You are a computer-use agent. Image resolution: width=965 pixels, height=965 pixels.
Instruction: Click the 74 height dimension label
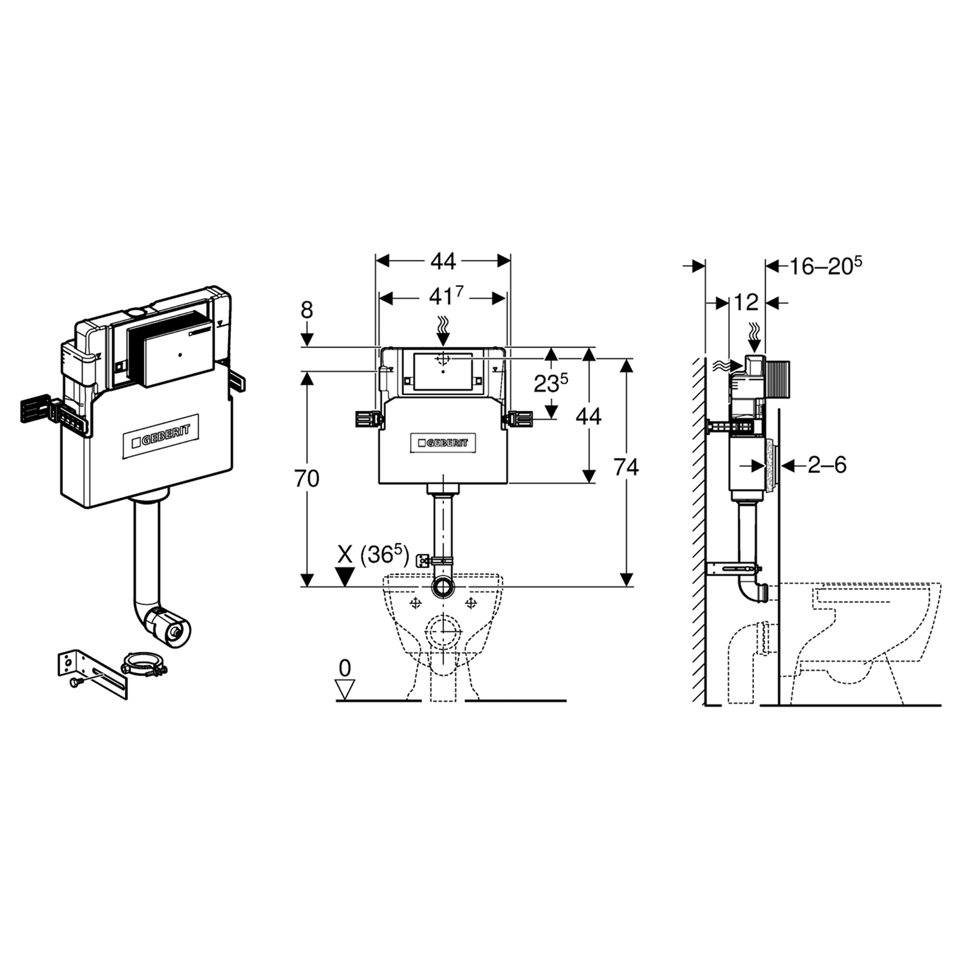tap(625, 467)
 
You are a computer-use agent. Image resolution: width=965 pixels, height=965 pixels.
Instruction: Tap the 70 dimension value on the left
tap(308, 479)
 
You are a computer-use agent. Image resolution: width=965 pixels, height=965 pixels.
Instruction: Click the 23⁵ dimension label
tap(551, 383)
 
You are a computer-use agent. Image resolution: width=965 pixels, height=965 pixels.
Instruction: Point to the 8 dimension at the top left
tap(307, 310)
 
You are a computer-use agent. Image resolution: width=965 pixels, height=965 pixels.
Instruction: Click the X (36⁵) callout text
tap(373, 555)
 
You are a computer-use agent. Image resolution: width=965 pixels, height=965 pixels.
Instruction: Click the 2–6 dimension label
tap(827, 464)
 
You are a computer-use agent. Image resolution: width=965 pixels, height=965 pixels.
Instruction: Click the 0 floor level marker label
tap(345, 668)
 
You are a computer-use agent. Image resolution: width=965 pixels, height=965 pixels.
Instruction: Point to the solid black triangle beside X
tap(346, 576)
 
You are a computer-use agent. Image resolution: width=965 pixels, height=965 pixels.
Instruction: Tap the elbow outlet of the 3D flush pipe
tap(168, 624)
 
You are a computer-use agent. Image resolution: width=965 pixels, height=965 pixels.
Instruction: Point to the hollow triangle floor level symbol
tap(346, 691)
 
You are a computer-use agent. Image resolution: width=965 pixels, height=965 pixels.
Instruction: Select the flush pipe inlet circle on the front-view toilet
tap(443, 586)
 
